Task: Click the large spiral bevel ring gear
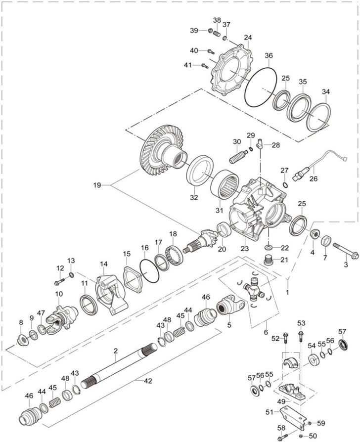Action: pos(163,150)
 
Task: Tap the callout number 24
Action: pos(248,38)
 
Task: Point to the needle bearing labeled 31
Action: pos(225,184)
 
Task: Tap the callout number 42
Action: pos(148,381)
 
